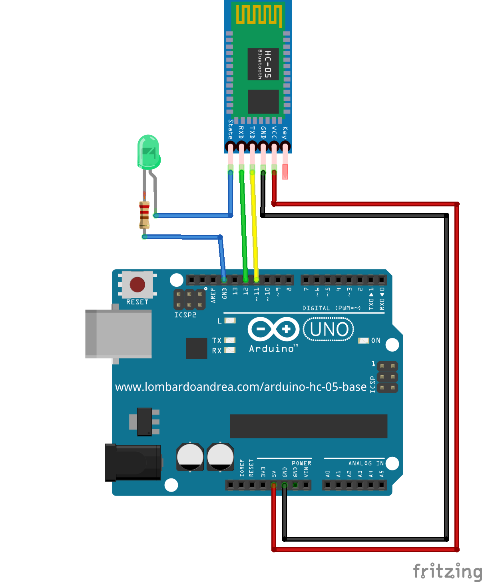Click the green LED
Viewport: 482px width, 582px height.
148,152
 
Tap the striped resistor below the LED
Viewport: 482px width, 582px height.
144,215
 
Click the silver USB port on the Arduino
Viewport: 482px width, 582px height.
119,334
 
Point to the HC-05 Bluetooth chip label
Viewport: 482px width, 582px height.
263,64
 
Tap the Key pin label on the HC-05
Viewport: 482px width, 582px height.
285,133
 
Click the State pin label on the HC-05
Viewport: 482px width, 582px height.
230,129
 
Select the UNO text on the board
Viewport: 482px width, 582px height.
329,329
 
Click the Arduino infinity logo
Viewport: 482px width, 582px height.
273,329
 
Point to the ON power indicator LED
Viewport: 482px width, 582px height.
363,340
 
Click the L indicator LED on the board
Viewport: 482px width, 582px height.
230,320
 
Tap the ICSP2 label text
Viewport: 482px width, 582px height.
185,315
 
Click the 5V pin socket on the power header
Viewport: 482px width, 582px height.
274,485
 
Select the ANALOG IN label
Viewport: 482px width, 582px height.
366,463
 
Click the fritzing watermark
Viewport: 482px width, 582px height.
447,571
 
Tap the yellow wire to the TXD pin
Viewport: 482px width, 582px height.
254,224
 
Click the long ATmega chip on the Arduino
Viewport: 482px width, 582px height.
308,426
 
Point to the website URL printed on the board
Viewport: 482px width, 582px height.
241,387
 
